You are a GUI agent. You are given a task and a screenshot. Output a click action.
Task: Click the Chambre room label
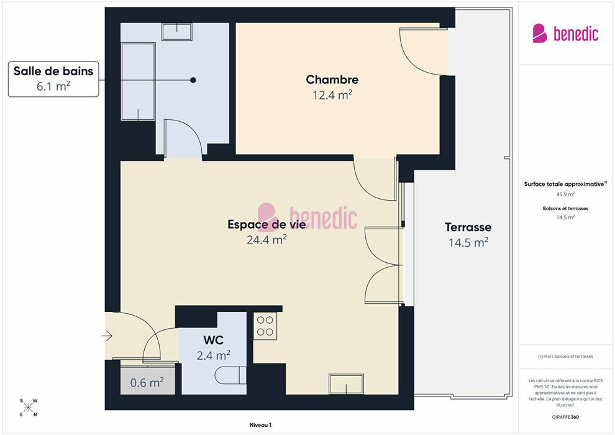332,80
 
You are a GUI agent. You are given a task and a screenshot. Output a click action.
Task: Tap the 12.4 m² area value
332,95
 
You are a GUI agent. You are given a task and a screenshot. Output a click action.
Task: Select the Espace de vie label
266,224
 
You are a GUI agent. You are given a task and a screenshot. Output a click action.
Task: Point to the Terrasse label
468,227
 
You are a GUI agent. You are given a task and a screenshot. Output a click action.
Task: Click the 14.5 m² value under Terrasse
468,242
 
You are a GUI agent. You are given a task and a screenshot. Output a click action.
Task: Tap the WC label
213,340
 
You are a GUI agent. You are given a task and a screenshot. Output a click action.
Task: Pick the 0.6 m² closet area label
147,382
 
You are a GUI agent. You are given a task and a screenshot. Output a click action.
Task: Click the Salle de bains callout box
53,79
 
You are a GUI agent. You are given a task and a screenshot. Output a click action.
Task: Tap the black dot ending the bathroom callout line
193,80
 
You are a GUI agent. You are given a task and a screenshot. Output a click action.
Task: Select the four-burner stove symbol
265,326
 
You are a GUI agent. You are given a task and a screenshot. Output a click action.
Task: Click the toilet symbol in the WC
230,375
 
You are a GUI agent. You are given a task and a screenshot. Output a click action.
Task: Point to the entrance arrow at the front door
107,336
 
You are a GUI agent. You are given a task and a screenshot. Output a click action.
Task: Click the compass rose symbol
29,408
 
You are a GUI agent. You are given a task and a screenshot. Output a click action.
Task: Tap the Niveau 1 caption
260,425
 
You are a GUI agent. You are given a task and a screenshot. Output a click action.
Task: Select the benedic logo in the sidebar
565,34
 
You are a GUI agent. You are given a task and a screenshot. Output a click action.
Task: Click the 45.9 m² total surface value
565,194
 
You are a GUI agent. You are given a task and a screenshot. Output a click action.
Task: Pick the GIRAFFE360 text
565,417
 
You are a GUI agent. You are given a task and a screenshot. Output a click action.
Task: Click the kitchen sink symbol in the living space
347,384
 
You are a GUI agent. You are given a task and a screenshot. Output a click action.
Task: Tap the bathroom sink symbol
177,31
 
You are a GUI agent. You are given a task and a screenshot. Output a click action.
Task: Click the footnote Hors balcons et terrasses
565,357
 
